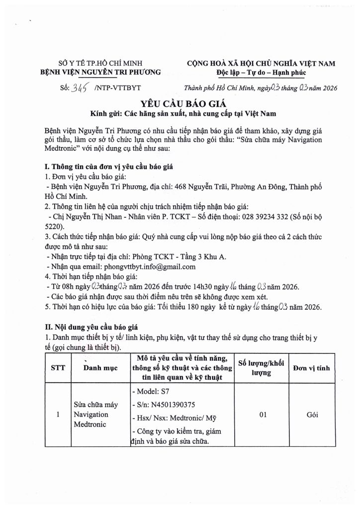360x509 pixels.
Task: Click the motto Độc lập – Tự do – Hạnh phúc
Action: click(x=261, y=73)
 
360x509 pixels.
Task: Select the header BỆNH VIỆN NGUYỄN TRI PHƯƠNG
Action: click(x=100, y=73)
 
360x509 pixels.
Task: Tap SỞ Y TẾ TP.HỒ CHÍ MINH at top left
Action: click(x=100, y=63)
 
